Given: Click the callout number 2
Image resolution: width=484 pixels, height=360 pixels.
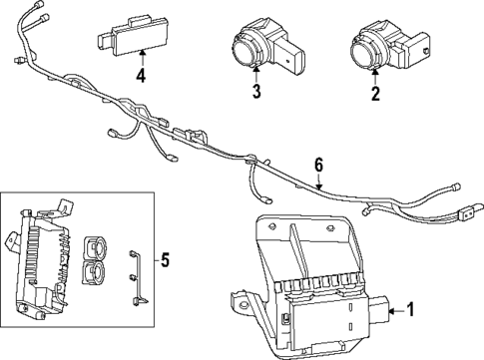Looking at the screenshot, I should (x=376, y=95).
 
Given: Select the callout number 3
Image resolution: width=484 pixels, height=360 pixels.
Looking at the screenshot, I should (x=256, y=95).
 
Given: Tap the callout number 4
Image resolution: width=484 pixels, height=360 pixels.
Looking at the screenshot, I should (x=142, y=76).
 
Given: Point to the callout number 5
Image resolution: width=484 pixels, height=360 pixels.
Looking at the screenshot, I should (x=166, y=261).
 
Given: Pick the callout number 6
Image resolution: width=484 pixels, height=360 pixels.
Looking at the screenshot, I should (x=318, y=163).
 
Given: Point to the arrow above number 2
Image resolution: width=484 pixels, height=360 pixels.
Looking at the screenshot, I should (x=376, y=76).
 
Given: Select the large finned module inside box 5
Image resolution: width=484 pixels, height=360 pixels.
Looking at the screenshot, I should (x=45, y=262).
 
